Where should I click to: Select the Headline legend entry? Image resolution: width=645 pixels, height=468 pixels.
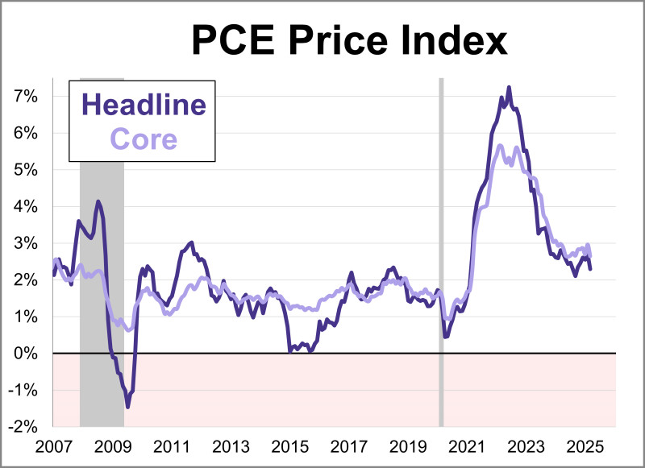tap(144, 106)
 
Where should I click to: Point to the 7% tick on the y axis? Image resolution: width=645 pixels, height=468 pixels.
tap(25, 96)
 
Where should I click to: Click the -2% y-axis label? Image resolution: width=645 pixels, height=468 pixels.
tap(23, 427)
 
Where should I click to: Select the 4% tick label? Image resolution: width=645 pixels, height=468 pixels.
tap(25, 206)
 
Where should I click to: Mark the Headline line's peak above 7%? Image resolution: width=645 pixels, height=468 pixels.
tap(508, 87)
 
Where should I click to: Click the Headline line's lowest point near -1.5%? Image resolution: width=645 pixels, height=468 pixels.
tap(127, 407)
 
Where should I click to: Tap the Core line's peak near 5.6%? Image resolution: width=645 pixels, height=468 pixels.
tap(500, 146)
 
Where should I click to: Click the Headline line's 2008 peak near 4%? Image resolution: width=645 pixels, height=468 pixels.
tap(98, 201)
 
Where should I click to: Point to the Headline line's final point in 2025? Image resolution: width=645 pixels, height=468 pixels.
tap(590, 269)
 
